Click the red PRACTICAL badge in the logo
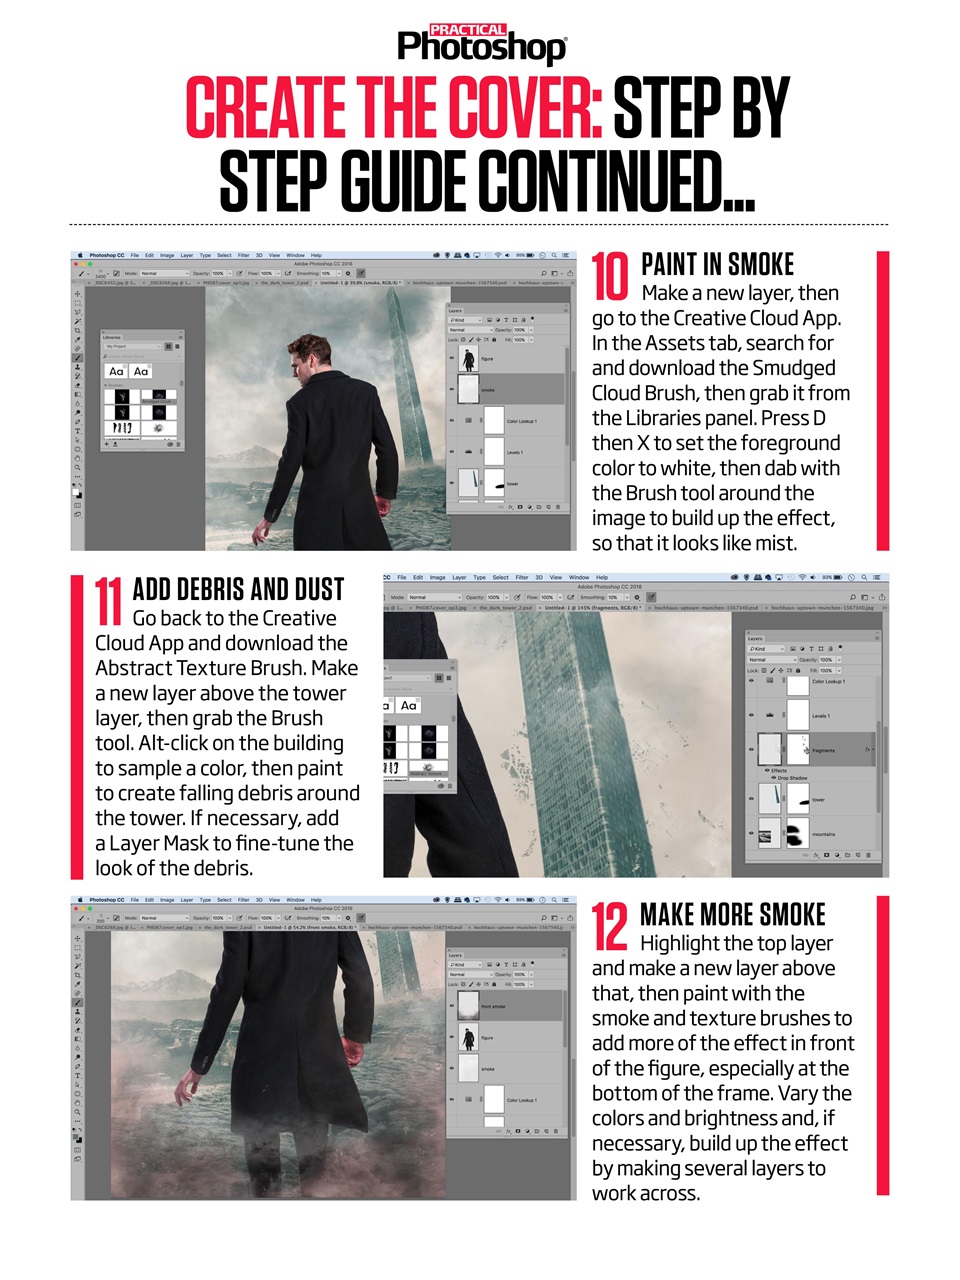point(467,30)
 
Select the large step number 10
point(611,276)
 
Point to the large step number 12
point(610,927)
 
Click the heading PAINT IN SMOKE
point(717,265)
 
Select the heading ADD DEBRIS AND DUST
point(238,590)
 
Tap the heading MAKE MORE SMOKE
point(732,915)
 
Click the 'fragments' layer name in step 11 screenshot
point(823,750)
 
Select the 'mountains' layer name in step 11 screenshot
point(823,834)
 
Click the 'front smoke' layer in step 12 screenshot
point(493,1007)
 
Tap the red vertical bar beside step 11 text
point(76,725)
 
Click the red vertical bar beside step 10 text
point(882,400)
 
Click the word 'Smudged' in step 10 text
point(793,368)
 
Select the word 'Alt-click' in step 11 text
point(185,743)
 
